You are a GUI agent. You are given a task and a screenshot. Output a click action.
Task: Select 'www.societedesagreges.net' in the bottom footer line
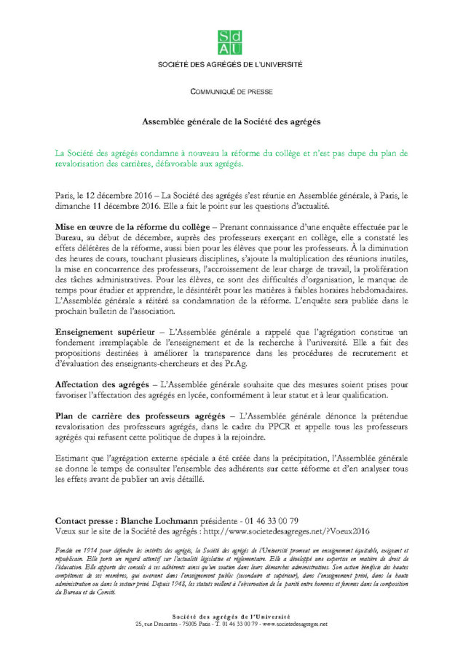(294, 624)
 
